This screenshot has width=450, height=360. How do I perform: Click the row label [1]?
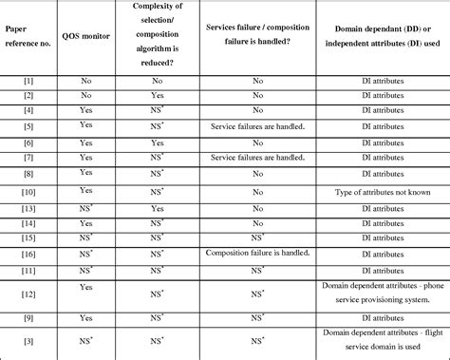(x=28, y=82)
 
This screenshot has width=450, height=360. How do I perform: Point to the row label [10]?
(x=28, y=191)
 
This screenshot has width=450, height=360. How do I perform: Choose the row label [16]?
(x=28, y=255)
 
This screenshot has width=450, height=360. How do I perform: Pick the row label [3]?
(x=28, y=340)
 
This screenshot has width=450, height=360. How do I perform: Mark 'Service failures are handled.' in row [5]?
(x=257, y=124)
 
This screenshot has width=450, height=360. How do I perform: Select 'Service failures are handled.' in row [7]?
(x=257, y=156)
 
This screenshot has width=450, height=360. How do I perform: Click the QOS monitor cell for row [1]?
(x=86, y=82)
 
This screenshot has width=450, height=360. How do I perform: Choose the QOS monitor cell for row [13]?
(x=86, y=207)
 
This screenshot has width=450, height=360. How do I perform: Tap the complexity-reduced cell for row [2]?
(x=157, y=96)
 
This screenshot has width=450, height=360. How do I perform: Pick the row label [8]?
(x=28, y=174)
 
